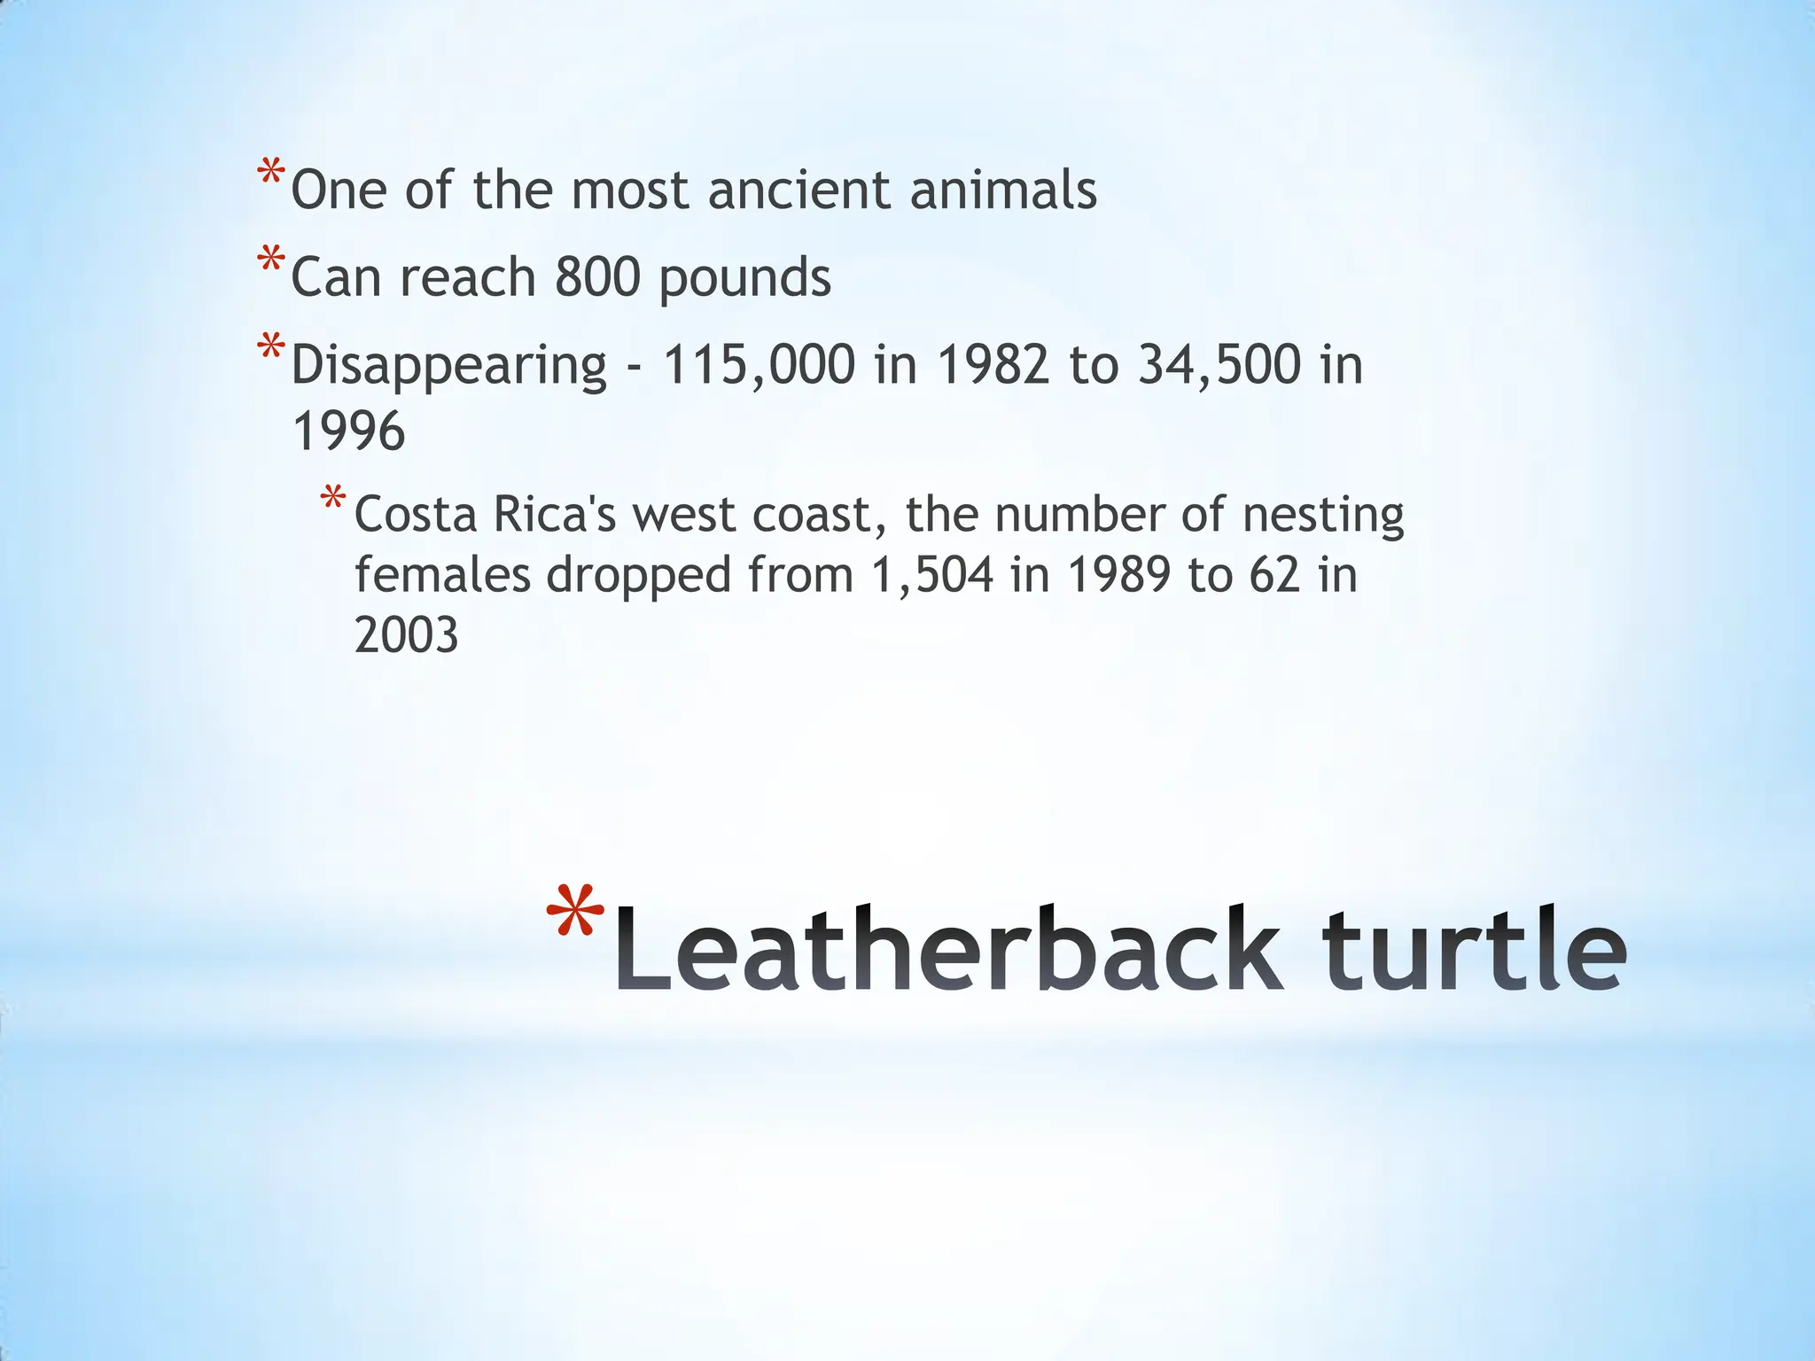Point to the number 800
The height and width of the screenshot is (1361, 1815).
597,277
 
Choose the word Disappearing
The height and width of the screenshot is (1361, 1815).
448,366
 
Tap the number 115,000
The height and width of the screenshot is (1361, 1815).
759,364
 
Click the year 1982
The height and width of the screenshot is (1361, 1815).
993,364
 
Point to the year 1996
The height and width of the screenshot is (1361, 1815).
348,432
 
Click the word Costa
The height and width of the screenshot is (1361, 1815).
416,515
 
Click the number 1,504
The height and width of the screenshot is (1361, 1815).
932,575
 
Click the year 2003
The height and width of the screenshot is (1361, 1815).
407,635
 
